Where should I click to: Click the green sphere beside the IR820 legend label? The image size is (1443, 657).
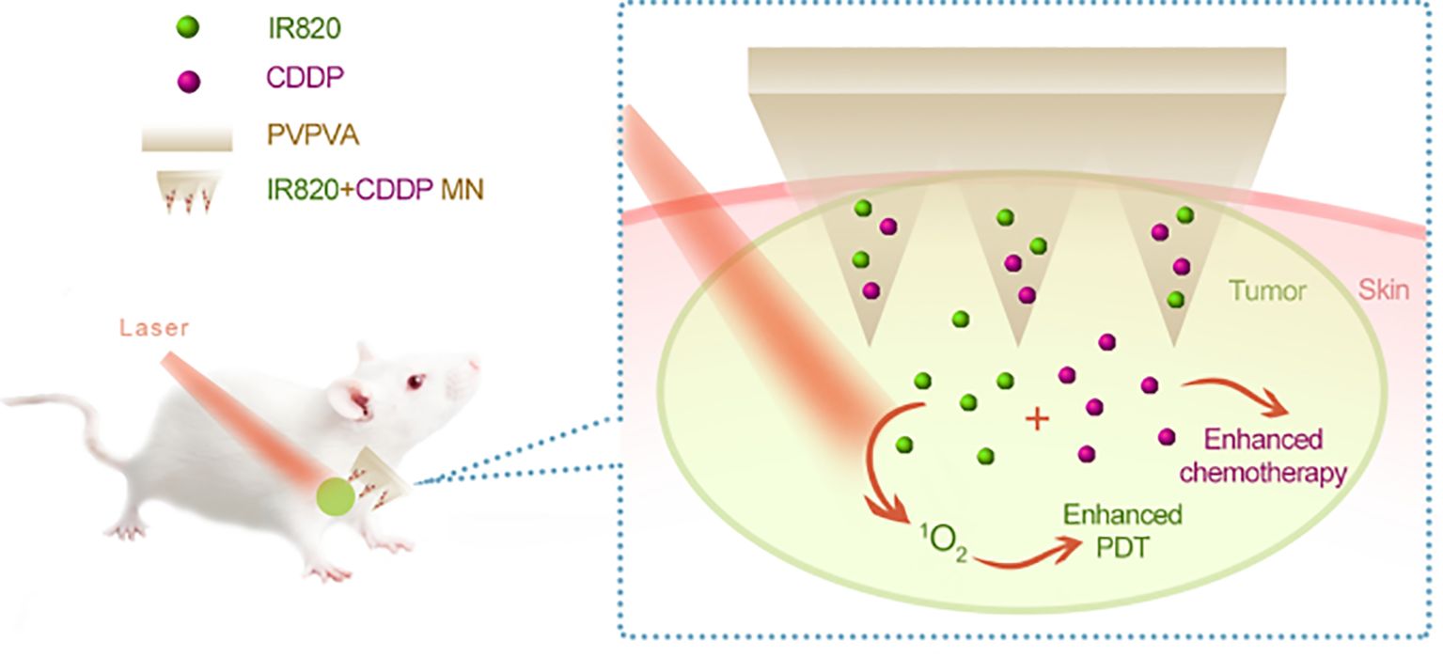(188, 30)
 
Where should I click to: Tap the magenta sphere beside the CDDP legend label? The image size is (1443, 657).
(188, 83)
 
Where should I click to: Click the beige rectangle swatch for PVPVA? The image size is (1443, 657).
(186, 137)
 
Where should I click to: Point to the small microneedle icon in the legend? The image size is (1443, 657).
(187, 191)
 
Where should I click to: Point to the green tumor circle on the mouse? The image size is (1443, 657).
(335, 495)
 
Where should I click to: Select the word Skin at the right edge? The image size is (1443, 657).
(1384, 289)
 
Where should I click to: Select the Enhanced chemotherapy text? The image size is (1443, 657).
(1263, 457)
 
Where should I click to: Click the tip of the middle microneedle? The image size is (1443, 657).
(1021, 340)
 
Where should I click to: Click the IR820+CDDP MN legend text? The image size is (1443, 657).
(375, 191)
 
